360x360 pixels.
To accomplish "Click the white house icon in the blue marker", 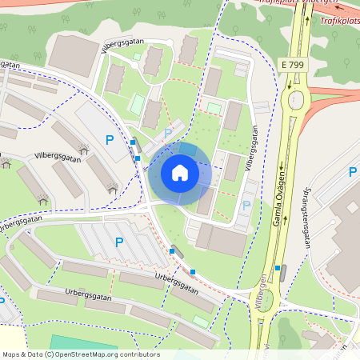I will point(179,172).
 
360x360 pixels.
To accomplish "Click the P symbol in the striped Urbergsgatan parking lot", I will point(119,242).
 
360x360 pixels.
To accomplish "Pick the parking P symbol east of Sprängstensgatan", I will point(352,172).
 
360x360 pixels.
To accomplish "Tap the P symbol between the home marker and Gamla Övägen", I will point(246,206).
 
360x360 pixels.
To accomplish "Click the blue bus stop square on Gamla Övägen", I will point(278,268).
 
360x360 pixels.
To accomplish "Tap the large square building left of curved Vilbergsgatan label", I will point(74,56).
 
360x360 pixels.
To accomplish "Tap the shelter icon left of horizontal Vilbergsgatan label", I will point(7,162).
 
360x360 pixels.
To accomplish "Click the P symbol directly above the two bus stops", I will point(109,140).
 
